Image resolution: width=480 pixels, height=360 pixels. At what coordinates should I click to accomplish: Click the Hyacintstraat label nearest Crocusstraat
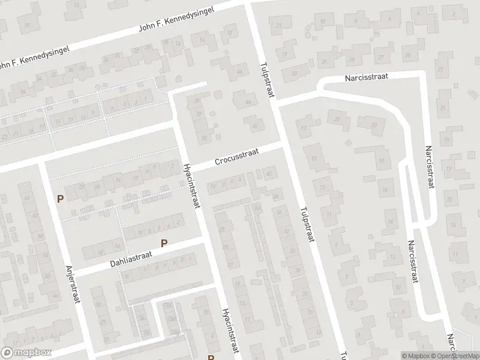pos(192,186)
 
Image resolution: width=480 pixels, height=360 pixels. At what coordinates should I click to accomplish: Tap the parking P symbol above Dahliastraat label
pos(164,243)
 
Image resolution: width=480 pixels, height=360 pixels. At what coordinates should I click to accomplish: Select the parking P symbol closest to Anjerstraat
pos(59,199)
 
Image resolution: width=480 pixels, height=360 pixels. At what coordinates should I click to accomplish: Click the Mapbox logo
pos(26,353)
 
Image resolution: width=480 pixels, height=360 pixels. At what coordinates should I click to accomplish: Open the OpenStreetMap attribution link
pos(454,356)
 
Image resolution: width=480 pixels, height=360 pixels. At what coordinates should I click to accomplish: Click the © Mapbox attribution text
pos(416,356)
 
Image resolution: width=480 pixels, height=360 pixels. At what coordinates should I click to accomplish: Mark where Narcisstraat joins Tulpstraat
pos(275,102)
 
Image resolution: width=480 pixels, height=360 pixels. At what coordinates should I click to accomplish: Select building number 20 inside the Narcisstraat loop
pos(374,125)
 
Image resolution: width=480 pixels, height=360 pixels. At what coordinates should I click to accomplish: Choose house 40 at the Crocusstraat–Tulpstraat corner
pos(268,175)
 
